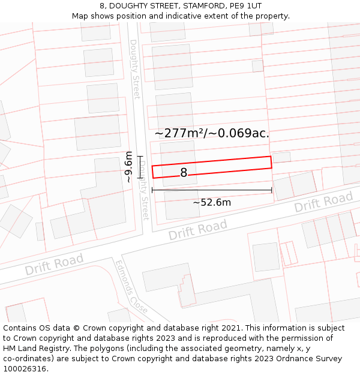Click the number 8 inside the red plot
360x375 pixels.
184,173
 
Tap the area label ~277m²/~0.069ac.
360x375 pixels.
212,133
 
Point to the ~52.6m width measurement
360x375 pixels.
212,203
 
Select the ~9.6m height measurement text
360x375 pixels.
128,167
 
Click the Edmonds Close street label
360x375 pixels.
131,287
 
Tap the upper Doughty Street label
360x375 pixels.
134,69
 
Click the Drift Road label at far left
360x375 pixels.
54,265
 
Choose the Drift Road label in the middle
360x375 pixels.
197,229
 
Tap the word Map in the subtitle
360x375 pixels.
80,16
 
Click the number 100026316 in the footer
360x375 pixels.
24,369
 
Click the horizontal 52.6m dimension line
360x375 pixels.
212,191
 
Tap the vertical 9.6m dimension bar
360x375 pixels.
140,167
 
